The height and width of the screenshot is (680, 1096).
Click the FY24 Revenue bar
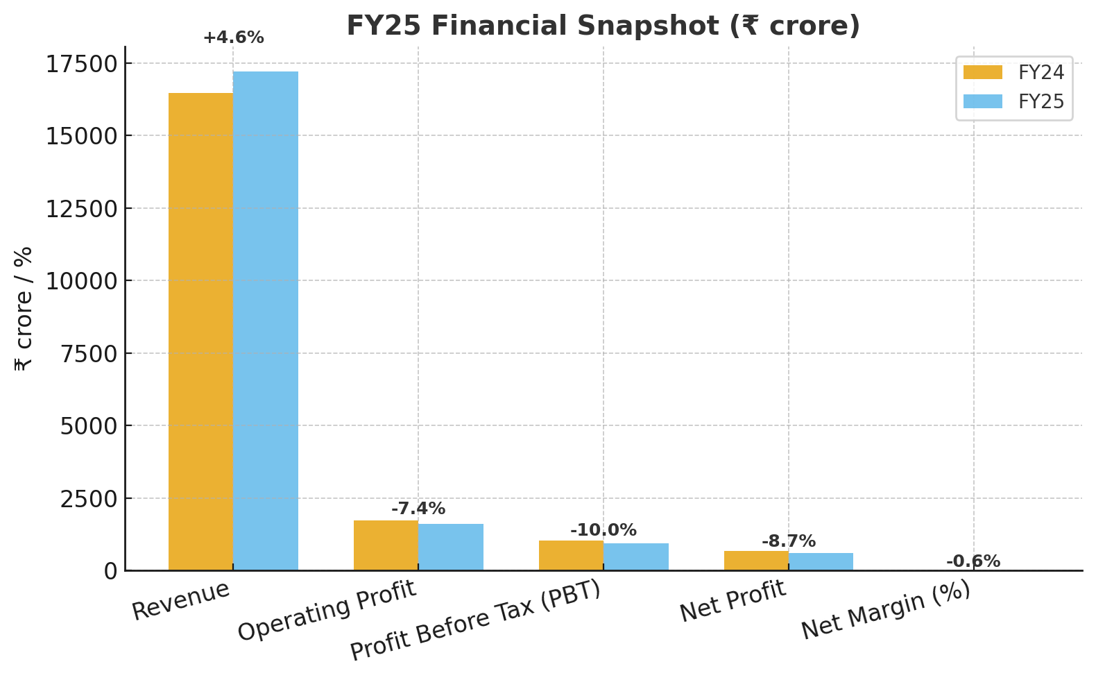(x=200, y=332)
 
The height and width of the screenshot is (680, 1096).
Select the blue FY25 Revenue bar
(x=266, y=321)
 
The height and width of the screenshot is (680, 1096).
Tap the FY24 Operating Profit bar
(x=386, y=545)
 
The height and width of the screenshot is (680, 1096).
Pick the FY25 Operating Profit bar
(x=451, y=547)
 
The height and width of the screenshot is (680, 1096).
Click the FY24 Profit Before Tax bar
(x=571, y=555)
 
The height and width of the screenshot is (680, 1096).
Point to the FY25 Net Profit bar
(x=821, y=561)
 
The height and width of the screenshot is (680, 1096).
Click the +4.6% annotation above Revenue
(x=233, y=38)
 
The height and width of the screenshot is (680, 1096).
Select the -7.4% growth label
(x=418, y=509)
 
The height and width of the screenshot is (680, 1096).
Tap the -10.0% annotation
(x=603, y=530)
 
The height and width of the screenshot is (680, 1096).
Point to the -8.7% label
(x=789, y=541)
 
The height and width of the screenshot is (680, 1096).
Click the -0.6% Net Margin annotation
(x=973, y=561)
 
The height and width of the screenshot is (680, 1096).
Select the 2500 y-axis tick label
(x=89, y=499)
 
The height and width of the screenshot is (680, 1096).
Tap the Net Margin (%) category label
(x=887, y=611)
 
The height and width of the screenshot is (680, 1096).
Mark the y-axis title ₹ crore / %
(x=24, y=309)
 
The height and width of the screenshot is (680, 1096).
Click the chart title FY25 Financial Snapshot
(x=603, y=26)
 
